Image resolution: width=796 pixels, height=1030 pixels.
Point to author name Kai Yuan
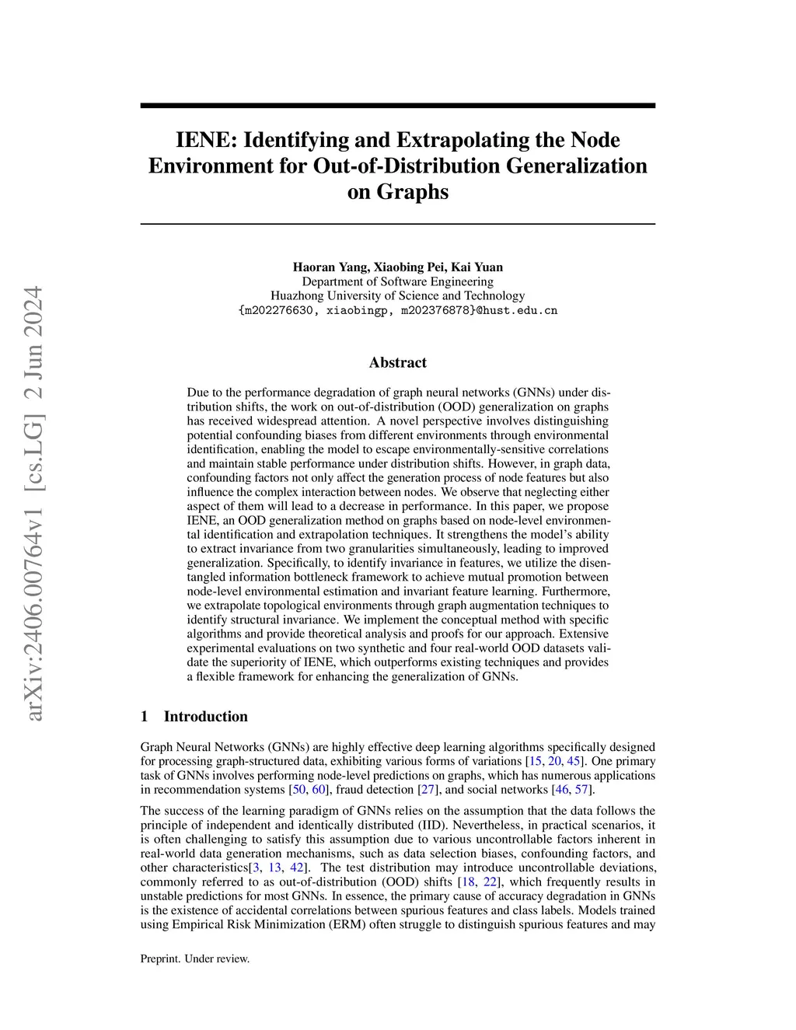pos(477,267)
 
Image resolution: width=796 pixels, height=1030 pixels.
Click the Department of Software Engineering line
pos(397,281)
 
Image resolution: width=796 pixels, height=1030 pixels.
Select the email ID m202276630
pos(281,310)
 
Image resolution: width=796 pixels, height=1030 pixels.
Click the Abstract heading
pos(397,362)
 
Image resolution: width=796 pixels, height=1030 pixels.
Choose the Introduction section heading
pos(205,717)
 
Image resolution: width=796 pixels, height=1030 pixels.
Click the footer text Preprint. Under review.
pos(195,958)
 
